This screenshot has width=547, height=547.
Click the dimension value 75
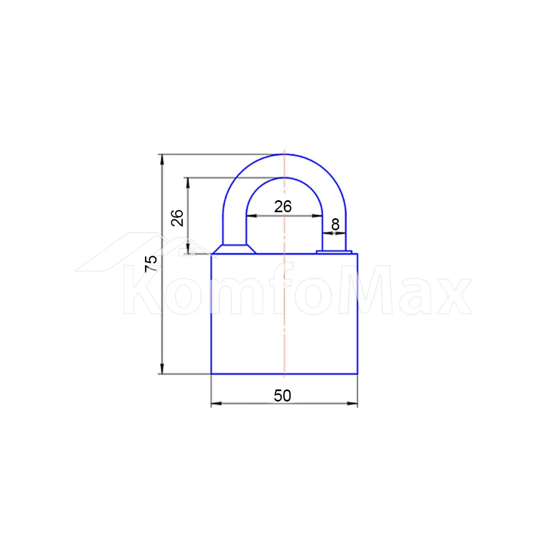pyautogui.click(x=151, y=264)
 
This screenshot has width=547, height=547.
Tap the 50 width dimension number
pyautogui.click(x=282, y=395)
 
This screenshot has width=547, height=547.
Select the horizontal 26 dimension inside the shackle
pyautogui.click(x=283, y=207)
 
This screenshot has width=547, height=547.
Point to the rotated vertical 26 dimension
pyautogui.click(x=177, y=218)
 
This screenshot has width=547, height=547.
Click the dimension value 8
pyautogui.click(x=335, y=224)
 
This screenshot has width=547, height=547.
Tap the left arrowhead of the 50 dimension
pyautogui.click(x=216, y=403)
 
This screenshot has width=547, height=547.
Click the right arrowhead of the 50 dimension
pyautogui.click(x=352, y=403)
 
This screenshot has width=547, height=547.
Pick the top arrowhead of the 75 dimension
pyautogui.click(x=162, y=159)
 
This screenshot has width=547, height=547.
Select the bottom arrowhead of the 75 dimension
pyautogui.click(x=162, y=368)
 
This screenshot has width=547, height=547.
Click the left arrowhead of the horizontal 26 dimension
pyautogui.click(x=252, y=216)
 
